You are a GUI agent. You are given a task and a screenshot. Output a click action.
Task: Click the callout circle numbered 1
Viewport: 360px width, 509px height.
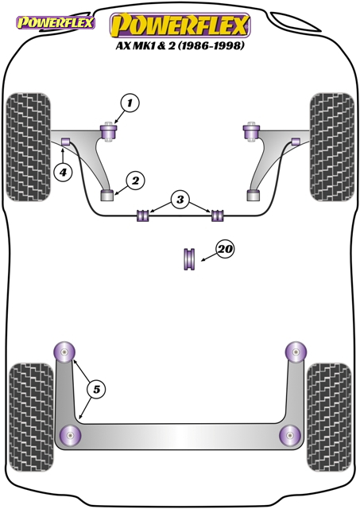pos(130,103)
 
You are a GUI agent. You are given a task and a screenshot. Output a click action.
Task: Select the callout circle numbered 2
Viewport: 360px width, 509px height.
pos(135,181)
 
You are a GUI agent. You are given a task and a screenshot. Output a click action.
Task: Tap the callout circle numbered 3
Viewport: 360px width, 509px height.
pos(180,200)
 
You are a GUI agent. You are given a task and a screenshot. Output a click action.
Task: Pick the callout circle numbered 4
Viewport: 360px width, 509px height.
pos(63,172)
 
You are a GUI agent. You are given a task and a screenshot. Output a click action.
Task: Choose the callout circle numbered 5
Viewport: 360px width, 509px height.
pos(97,389)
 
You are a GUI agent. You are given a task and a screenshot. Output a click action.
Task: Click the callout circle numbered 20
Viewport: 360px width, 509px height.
pos(226,249)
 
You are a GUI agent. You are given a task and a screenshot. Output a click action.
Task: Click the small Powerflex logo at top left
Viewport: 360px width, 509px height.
pos(56,23)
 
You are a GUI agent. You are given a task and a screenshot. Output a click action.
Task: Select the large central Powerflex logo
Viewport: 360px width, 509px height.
pos(180,25)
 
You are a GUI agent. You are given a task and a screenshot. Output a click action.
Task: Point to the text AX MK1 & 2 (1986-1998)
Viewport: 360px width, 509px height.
pos(180,45)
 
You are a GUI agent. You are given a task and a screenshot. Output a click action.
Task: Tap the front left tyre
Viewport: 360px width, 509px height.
pos(29,147)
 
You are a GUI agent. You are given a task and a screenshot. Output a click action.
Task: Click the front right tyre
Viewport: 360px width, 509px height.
pos(331,147)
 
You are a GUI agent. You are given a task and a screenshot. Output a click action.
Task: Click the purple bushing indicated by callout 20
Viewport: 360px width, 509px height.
pos(189,259)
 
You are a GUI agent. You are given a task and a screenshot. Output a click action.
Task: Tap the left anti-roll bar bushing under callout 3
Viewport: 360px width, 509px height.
pos(143,216)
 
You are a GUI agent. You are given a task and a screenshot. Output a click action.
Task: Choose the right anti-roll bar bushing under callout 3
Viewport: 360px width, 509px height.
pos(218,216)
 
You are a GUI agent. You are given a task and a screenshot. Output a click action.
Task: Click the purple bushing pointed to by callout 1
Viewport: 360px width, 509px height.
pos(110,131)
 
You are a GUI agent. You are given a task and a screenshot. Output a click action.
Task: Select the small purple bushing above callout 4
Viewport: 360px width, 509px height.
pos(66,142)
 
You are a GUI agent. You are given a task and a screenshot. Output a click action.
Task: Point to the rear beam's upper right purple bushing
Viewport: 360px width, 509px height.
pos(296,352)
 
